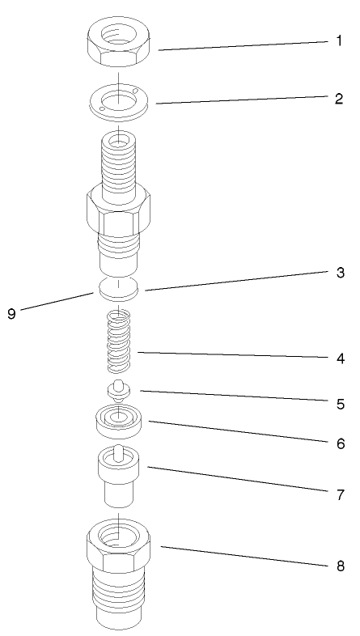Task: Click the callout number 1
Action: tap(339, 40)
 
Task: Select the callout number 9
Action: tap(11, 314)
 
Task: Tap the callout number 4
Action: tap(340, 358)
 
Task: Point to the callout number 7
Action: tap(340, 493)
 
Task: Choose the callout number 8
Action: tap(340, 566)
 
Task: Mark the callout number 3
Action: tap(340, 273)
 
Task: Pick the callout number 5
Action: tap(340, 402)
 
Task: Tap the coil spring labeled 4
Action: tap(119, 340)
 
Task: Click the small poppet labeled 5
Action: tap(119, 390)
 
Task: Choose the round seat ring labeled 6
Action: tap(119, 422)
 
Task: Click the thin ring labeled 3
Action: tap(119, 287)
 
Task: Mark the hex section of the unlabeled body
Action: tap(119, 214)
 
